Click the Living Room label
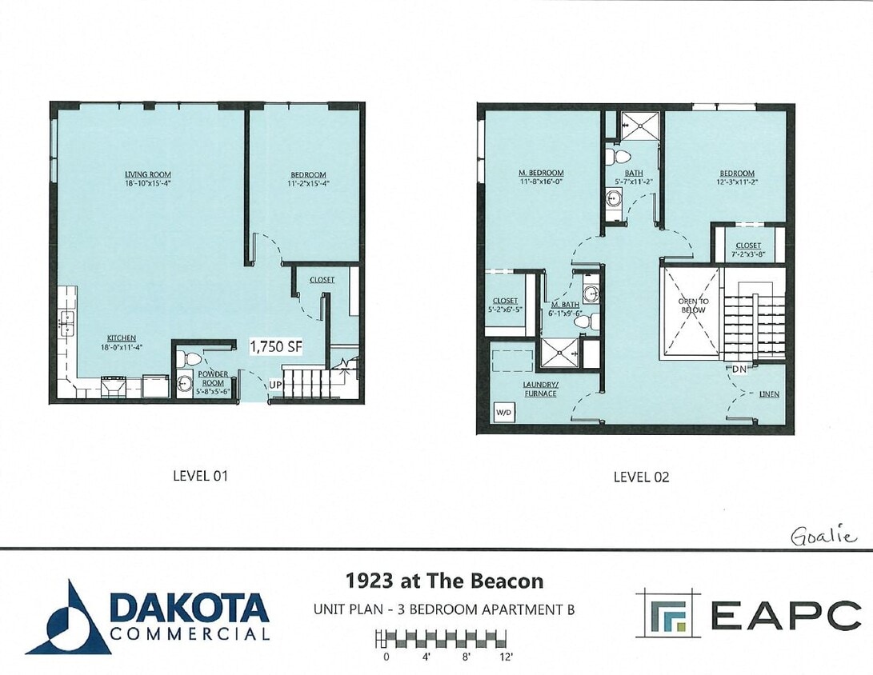coord(147,174)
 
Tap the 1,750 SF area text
coord(276,347)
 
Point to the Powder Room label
coord(213,378)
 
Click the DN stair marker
coord(740,369)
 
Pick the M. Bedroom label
coord(541,173)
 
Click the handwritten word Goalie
coord(823,536)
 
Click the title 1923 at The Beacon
coord(444,581)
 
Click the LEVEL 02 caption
coord(641,477)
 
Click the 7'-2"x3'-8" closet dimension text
coord(748,254)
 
